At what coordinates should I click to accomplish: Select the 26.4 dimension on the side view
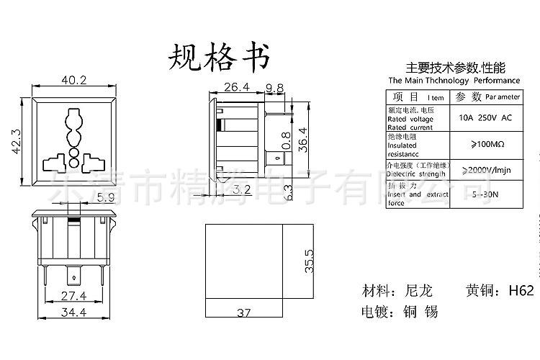pyautogui.click(x=235, y=88)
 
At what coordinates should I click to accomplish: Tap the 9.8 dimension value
pyautogui.click(x=274, y=88)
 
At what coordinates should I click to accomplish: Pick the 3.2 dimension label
pyautogui.click(x=242, y=191)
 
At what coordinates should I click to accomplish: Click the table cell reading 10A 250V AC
pyautogui.click(x=485, y=117)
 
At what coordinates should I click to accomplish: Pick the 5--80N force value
pyautogui.click(x=485, y=194)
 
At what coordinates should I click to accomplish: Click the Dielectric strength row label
pyautogui.click(x=416, y=174)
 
